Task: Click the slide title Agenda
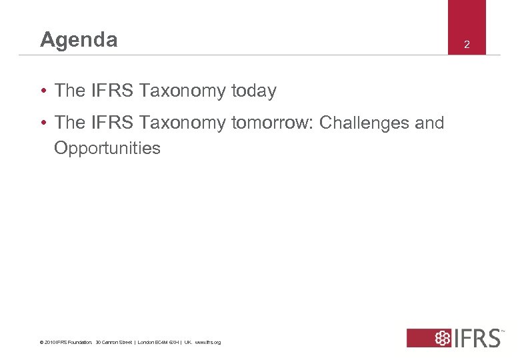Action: [79, 40]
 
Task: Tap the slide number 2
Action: [467, 45]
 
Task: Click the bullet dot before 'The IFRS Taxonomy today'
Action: [43, 91]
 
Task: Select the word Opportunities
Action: [107, 147]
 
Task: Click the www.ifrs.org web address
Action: [207, 343]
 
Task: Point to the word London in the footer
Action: [147, 343]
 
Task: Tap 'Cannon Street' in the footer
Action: [114, 343]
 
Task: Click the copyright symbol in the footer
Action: [42, 343]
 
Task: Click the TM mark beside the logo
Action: [502, 330]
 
